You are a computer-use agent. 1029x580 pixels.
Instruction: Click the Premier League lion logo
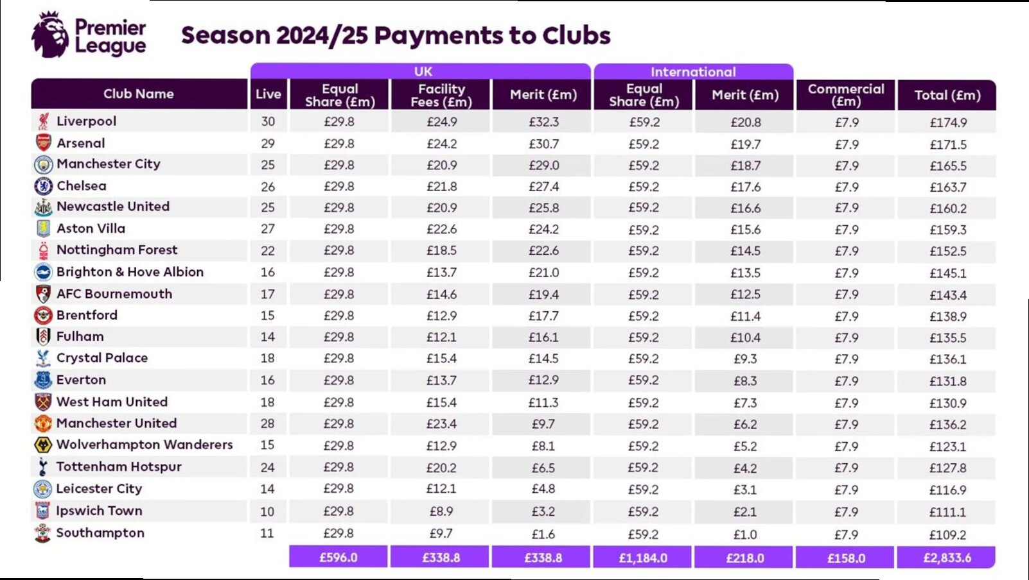pos(50,35)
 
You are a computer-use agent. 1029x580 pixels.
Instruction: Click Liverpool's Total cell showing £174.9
pos(948,123)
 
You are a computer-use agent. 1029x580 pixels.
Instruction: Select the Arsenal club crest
pos(44,142)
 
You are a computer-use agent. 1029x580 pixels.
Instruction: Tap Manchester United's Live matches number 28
pos(268,423)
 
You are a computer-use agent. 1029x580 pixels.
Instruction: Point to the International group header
pos(693,72)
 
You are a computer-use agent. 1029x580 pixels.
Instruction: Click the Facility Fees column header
pos(441,95)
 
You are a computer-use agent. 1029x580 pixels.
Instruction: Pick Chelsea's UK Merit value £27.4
pos(543,187)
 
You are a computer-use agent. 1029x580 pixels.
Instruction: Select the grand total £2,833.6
pos(947,558)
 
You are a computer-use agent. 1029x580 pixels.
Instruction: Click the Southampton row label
pos(100,533)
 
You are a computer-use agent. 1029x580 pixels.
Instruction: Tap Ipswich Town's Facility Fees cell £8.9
pos(441,511)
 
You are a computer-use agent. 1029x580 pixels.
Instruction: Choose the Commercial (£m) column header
pos(846,95)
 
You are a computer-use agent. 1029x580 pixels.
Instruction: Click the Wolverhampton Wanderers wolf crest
pos(43,445)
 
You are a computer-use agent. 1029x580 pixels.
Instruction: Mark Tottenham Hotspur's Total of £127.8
pos(947,468)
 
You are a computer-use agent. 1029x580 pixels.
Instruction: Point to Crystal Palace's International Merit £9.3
pos(745,359)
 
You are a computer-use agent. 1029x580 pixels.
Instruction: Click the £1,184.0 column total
pos(643,558)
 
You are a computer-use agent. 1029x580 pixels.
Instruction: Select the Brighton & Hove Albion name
pos(130,271)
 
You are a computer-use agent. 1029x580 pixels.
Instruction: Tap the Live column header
pos(268,94)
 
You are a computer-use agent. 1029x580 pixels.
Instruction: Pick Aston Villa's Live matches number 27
pos(268,229)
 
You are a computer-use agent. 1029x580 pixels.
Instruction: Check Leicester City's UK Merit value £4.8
pos(543,489)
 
